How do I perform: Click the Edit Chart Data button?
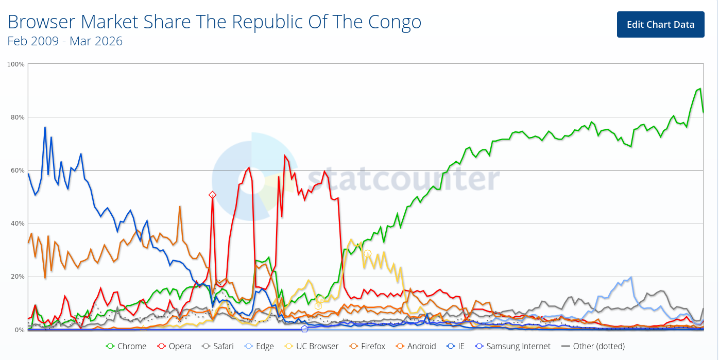tap(660, 24)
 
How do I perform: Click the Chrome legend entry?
tap(126, 346)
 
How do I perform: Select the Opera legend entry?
tap(174, 346)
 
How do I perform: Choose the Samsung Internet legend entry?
tap(512, 346)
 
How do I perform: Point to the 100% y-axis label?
tap(15, 64)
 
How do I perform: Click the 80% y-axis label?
tap(16, 117)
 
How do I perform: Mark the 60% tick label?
tap(16, 170)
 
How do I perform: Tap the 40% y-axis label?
tap(16, 224)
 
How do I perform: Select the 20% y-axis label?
tap(16, 277)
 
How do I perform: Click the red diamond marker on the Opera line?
tap(212, 195)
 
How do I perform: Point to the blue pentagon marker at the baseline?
tap(304, 329)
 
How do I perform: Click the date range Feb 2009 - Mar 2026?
tap(65, 41)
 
